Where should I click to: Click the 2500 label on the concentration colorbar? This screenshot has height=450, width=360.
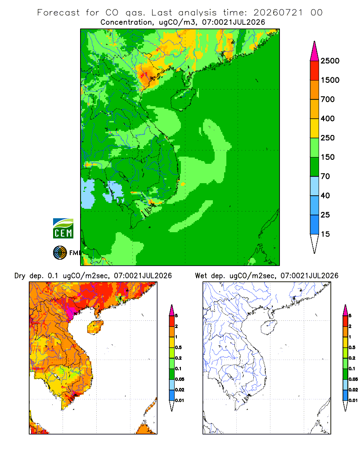pos(330,61)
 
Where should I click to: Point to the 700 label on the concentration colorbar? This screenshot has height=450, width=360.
pos(328,99)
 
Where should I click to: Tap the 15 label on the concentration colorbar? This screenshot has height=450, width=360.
pos(325,234)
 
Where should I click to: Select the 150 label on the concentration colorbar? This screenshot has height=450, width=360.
pos(328,157)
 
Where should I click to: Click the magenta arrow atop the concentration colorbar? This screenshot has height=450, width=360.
pos(315,52)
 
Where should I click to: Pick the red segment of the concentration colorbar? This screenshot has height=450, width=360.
pos(315,71)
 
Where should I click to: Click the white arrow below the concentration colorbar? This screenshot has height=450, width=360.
pos(315,243)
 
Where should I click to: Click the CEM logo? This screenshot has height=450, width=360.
pos(63,229)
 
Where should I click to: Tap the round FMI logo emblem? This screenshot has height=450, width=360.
pos(60,253)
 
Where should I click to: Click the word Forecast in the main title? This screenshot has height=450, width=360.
pos(58,13)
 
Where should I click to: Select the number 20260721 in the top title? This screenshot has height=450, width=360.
pos(278,13)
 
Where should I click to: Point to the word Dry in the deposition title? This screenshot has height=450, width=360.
pos(20,276)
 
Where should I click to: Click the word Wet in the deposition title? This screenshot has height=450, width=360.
pos(201,276)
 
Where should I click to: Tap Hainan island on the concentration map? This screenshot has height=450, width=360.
pos(183,99)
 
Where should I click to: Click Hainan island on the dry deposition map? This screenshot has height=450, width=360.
pos(95,327)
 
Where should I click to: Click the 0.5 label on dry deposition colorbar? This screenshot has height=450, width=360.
pos(178,347)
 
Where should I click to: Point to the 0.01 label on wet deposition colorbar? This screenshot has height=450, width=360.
pos(353,400)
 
